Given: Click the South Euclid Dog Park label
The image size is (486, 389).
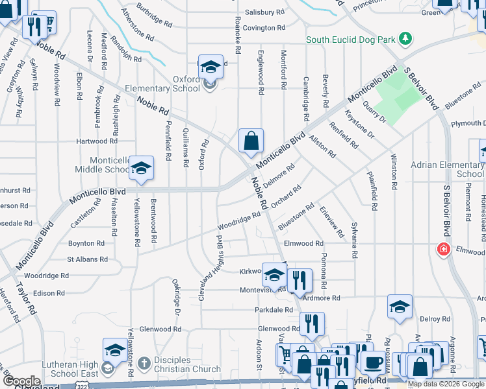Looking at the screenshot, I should click(350, 40).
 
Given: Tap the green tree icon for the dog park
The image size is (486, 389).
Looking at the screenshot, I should click(405, 39).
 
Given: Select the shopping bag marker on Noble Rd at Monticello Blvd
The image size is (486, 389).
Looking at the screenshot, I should click(251, 140).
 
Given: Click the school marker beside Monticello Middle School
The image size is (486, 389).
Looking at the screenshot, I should click(140, 169).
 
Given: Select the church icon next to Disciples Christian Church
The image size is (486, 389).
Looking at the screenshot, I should click(144, 360).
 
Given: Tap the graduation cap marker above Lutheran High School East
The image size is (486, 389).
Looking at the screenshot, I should click(115, 351).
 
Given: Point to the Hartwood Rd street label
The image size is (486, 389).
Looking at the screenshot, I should click(96, 141).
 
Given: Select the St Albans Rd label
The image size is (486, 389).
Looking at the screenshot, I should click(87, 259).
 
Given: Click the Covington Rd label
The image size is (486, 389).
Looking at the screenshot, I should click(265, 28).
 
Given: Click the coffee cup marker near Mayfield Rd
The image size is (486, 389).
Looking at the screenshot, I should click(372, 362).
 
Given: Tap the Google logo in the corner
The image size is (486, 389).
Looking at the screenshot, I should click(21, 381).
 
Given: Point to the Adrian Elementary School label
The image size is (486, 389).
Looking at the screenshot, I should click(447, 169).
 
